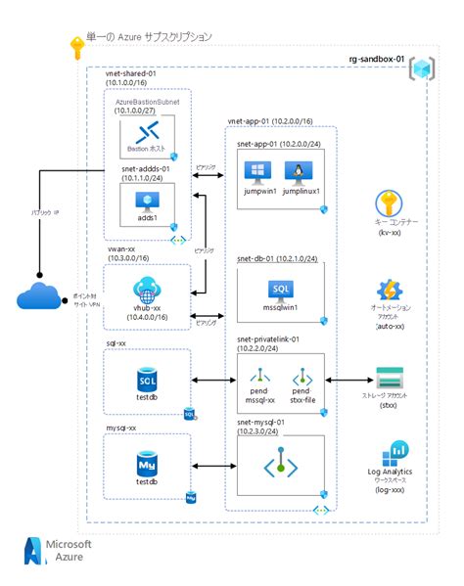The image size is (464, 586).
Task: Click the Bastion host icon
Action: tap(148, 132)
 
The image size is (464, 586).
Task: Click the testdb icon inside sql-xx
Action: tap(148, 378)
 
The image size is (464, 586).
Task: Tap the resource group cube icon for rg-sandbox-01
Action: tap(423, 70)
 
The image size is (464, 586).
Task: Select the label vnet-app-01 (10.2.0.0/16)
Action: tap(270, 120)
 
